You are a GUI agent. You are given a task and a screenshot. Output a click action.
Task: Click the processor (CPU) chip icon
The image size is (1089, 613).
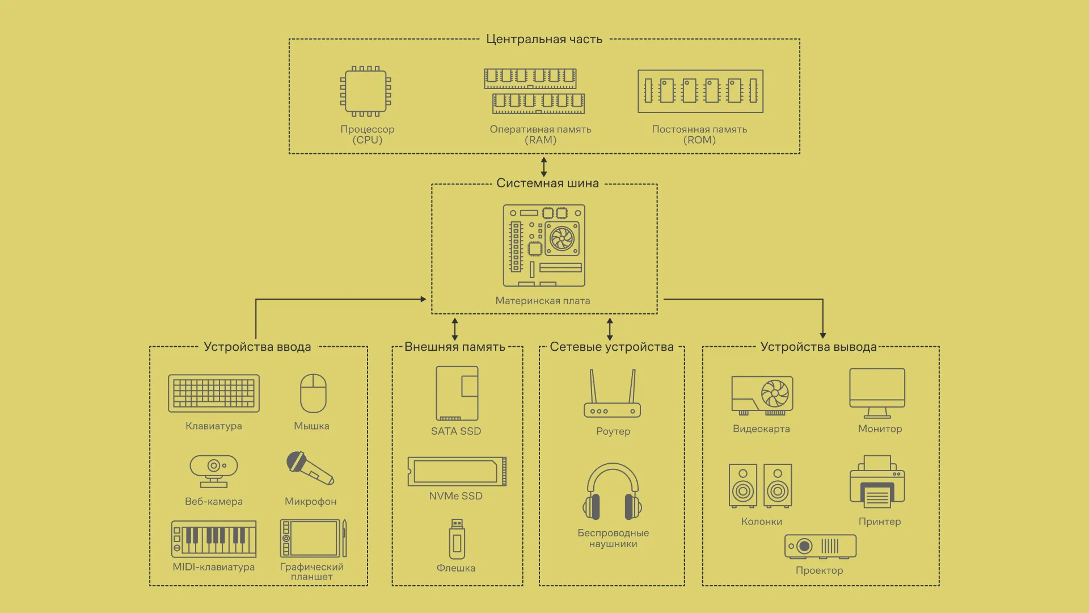click(x=366, y=91)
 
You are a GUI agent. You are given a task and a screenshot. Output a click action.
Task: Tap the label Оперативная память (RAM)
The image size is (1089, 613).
click(x=540, y=135)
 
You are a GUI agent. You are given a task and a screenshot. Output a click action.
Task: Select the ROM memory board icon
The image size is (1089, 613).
click(x=700, y=91)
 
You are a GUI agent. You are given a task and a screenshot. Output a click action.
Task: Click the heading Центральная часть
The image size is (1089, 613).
click(x=544, y=39)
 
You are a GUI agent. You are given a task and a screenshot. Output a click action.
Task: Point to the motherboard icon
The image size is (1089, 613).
click(x=544, y=245)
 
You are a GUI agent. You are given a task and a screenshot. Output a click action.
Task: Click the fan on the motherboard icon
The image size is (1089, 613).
click(x=562, y=238)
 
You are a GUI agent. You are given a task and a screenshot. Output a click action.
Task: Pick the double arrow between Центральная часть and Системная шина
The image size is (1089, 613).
click(x=544, y=167)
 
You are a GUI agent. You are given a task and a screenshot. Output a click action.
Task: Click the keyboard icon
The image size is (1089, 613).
click(x=214, y=393)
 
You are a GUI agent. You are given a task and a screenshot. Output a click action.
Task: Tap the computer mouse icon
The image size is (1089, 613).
click(x=313, y=393)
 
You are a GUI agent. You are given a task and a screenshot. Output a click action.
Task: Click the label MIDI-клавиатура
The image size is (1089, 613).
click(x=214, y=566)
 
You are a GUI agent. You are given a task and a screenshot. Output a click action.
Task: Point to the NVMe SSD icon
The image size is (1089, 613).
click(x=457, y=471)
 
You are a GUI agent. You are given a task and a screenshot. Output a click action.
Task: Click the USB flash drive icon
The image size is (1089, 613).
click(x=457, y=539)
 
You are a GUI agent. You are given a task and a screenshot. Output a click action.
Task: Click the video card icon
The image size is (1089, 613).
click(x=762, y=395)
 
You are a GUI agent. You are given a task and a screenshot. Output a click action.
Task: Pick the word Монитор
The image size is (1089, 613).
click(x=880, y=429)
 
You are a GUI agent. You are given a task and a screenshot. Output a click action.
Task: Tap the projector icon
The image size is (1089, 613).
click(x=820, y=547)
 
